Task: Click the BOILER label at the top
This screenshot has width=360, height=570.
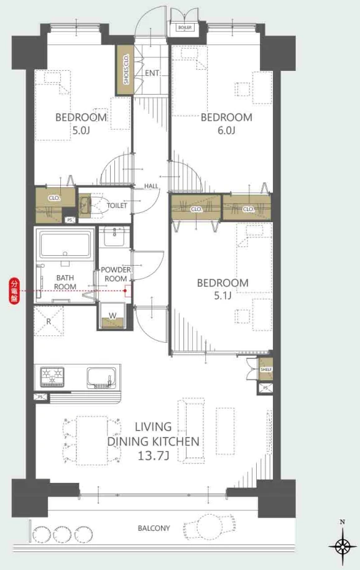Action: coord(185,27)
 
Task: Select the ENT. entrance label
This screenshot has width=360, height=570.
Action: coord(152,73)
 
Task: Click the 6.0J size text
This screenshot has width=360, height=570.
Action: coord(226,130)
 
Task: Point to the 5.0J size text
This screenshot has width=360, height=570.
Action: coord(81,130)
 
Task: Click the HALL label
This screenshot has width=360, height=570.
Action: coord(151,186)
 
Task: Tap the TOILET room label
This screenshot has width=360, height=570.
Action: coord(117,205)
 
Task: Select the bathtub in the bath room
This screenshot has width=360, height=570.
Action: coord(65,245)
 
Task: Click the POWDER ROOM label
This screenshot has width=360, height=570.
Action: coord(116,274)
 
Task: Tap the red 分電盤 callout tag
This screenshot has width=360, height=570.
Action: coord(14,291)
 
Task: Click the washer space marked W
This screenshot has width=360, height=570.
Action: coord(113,316)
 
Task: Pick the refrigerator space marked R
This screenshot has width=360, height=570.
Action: coord(48,322)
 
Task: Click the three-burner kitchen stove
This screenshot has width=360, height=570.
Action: coord(52,377)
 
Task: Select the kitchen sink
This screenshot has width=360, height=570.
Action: coord(101,378)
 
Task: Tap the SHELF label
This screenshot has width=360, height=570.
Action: coord(266,370)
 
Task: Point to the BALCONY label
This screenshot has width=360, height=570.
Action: coord(154,528)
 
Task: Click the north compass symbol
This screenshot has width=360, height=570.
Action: coord(342,546)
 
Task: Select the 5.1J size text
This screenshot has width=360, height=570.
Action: coord(223,296)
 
